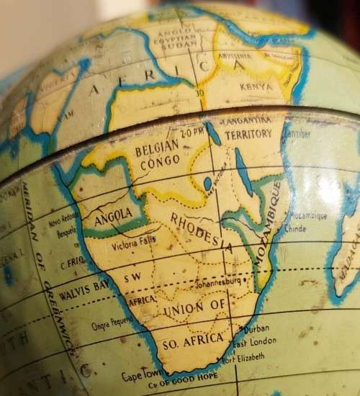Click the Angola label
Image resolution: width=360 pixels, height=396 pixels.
tap(113, 214)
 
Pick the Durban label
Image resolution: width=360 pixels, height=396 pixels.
tap(257, 328)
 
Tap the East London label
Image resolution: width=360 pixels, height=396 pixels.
tap(253, 341)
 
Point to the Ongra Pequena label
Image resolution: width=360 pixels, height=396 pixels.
tap(112, 325)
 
